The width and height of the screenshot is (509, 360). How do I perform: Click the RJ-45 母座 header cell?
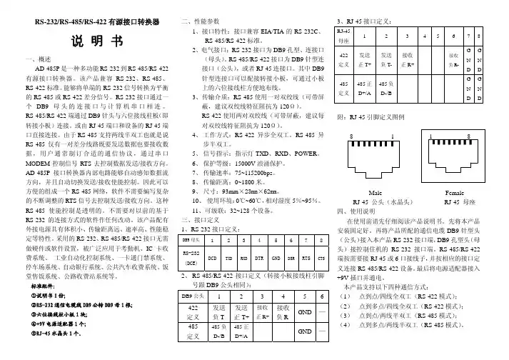point(343,36)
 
